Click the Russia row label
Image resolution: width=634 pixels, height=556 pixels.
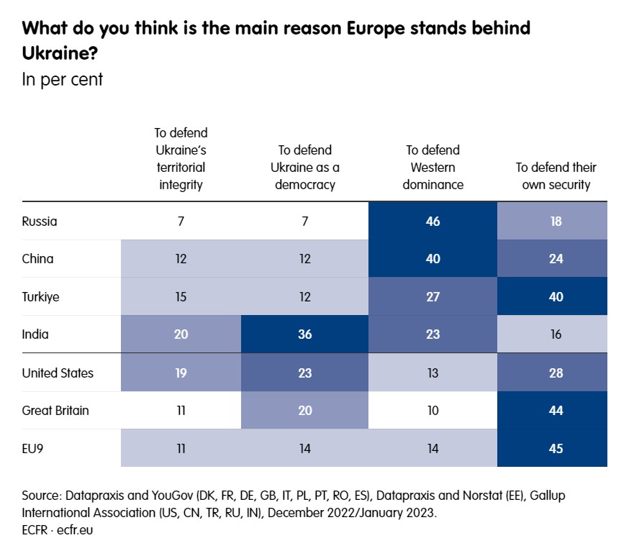click(40, 222)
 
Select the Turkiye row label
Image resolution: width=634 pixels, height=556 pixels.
click(40, 297)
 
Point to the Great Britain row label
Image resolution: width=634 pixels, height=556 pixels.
click(56, 411)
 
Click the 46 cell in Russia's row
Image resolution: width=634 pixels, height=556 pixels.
click(433, 222)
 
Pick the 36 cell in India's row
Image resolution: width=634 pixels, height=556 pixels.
click(305, 335)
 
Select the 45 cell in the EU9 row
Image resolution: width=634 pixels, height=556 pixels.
click(556, 449)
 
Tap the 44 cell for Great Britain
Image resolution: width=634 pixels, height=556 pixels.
click(556, 411)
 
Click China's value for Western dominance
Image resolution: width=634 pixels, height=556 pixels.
click(433, 259)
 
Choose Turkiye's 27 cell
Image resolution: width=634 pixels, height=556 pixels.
click(433, 297)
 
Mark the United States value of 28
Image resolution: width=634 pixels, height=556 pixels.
click(556, 373)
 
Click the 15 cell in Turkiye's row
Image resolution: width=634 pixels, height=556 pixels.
click(181, 297)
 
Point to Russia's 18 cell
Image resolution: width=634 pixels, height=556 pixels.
click(556, 222)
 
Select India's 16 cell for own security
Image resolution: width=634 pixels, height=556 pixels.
click(556, 335)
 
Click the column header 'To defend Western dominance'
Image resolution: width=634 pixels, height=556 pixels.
click(433, 168)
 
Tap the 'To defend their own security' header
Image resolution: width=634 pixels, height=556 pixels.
click(556, 176)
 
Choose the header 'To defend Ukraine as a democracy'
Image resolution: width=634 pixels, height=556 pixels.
click(305, 168)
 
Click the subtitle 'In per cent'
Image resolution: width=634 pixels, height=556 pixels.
click(63, 79)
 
